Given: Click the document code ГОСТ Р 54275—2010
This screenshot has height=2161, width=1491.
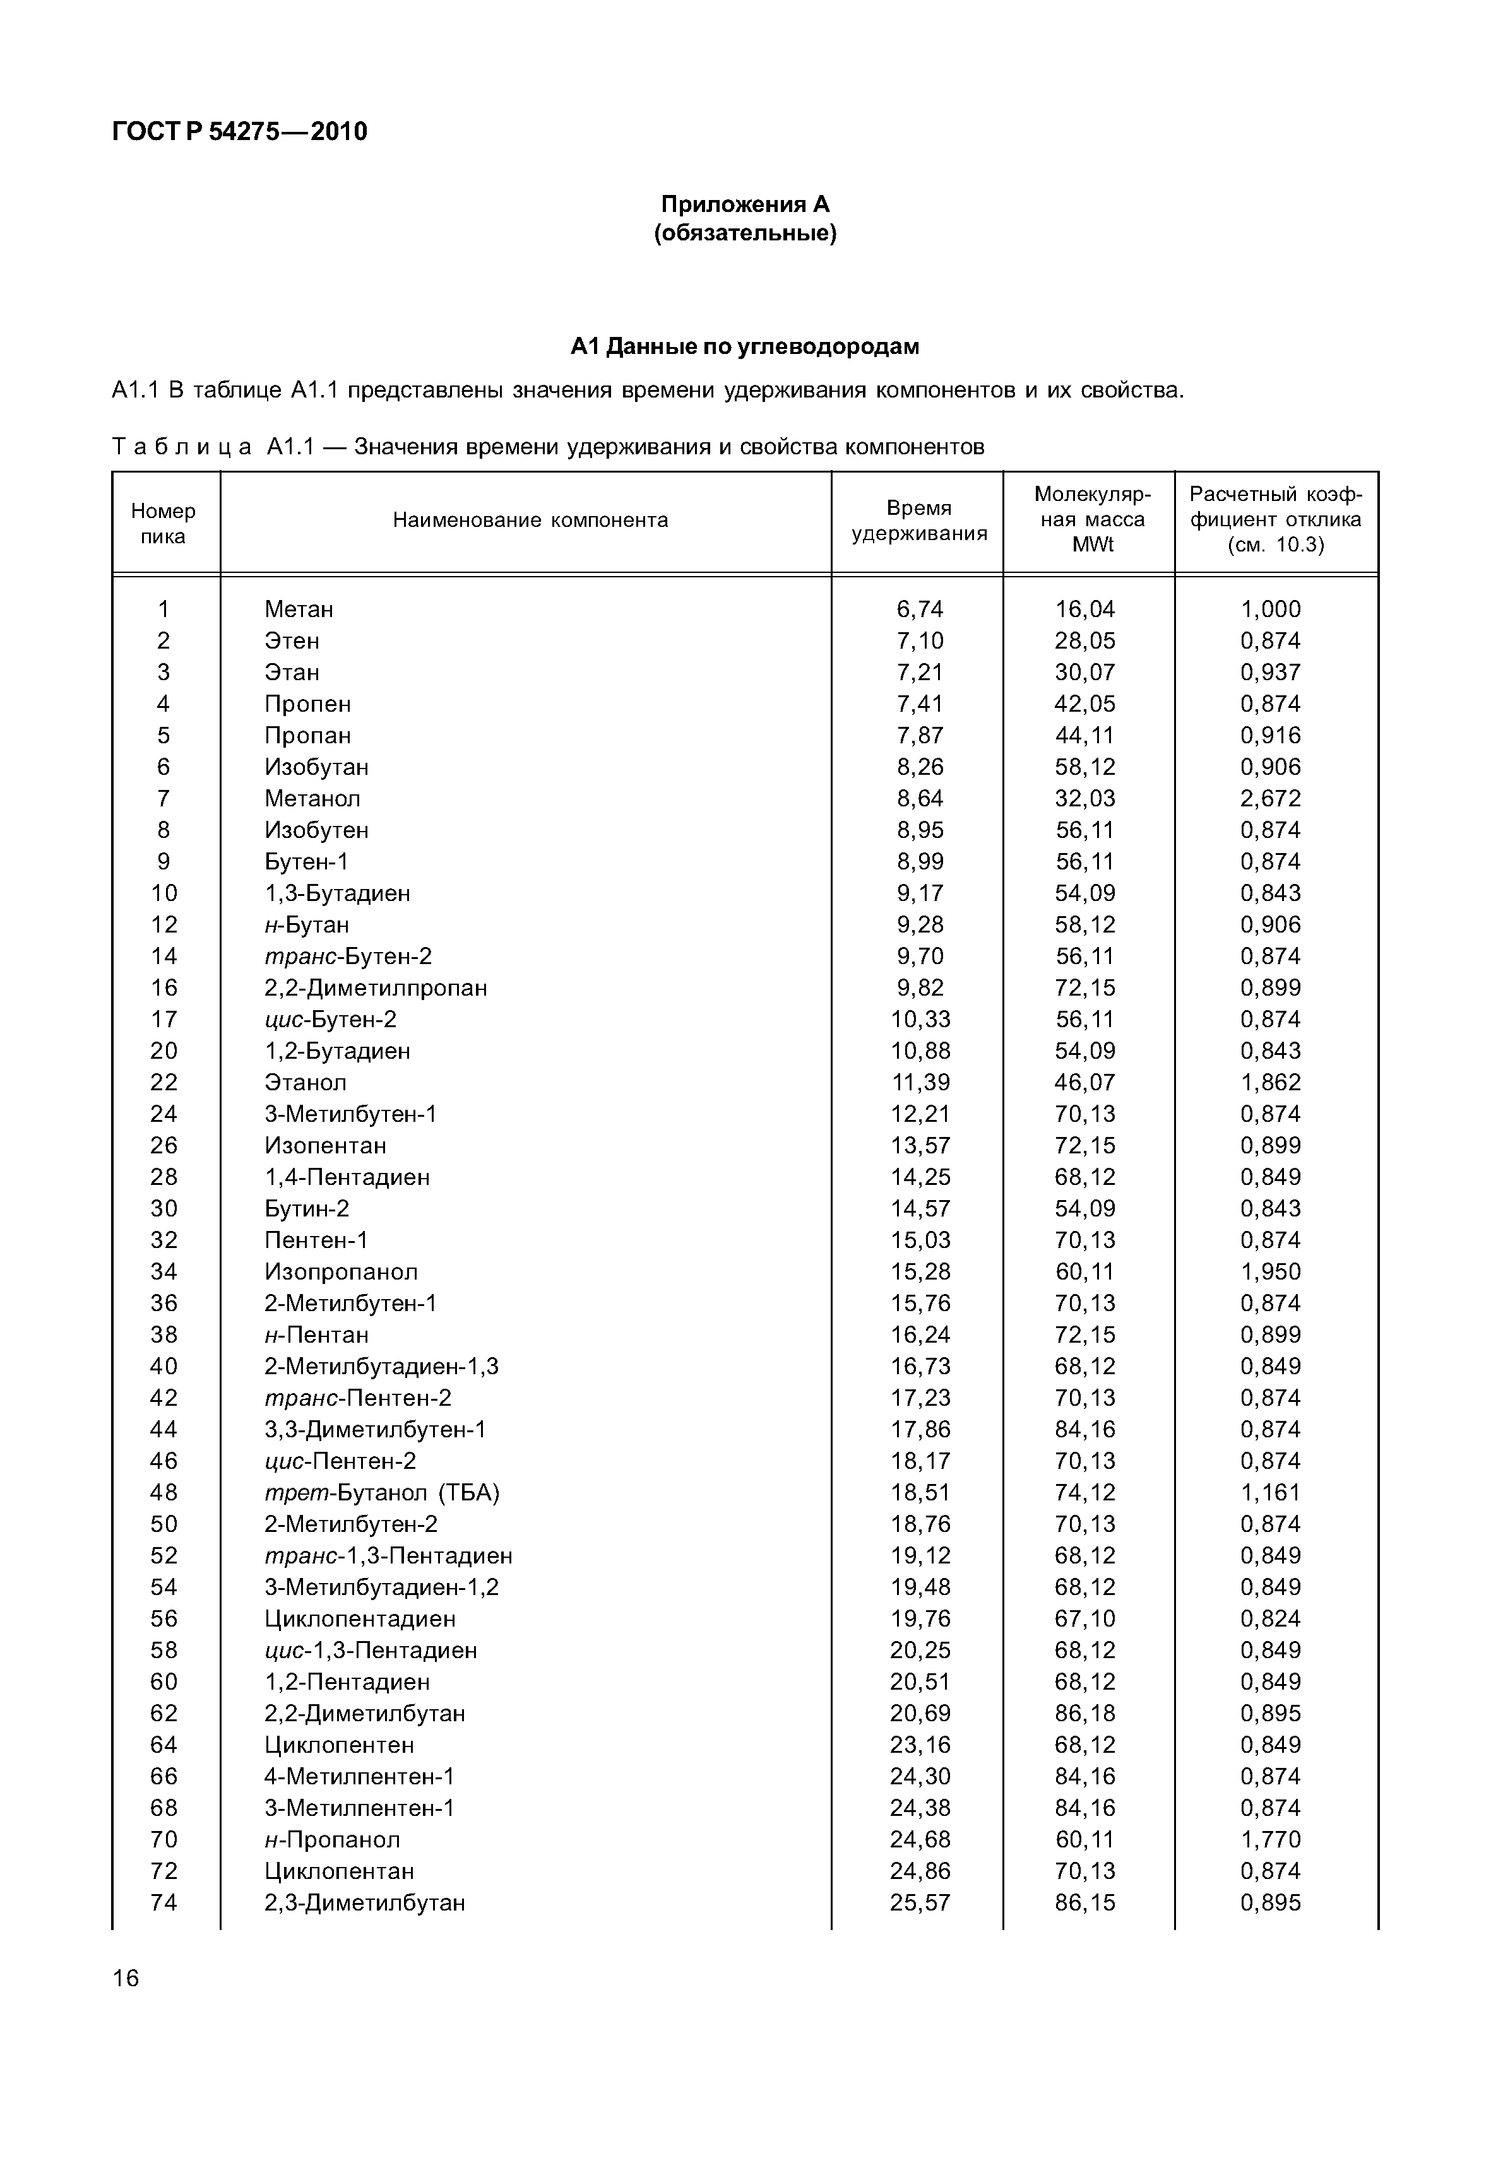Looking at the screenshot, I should coord(239,132).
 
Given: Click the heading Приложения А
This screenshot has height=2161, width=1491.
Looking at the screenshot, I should coord(745,204).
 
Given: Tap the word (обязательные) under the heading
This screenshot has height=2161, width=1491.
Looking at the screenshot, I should coord(745,233).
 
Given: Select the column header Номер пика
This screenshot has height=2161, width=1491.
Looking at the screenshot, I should coord(163,523).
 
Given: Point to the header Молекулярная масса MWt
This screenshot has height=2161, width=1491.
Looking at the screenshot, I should coord(1092,519).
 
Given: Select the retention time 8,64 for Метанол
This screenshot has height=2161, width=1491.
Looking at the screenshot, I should coord(920,799).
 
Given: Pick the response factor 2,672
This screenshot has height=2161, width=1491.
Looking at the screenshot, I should coord(1271,799).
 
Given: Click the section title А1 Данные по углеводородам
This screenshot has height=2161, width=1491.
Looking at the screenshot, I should coord(745,346).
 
